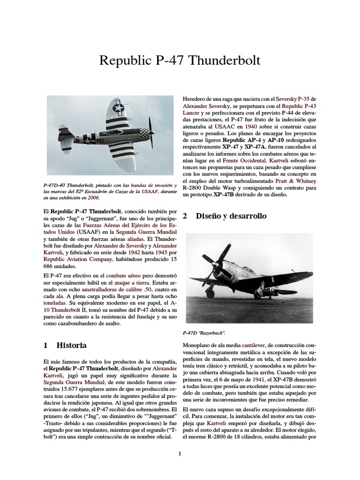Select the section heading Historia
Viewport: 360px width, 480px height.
71,345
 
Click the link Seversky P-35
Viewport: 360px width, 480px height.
293,99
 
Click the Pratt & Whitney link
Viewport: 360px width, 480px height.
296,180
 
